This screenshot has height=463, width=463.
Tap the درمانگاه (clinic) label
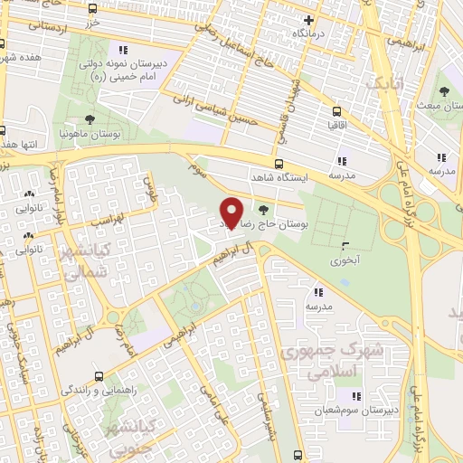point(308,33)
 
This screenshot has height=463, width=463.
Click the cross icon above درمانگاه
point(308,19)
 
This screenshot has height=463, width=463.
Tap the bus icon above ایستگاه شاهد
point(279,165)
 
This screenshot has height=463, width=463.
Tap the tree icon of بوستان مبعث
point(443,91)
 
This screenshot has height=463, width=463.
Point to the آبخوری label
point(345,260)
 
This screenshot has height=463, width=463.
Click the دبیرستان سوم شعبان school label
point(356,411)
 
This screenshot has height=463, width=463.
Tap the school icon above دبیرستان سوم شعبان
point(356,396)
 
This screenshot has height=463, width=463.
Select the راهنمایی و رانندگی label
point(99,390)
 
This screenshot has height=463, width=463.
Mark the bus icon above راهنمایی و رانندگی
point(99,374)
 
